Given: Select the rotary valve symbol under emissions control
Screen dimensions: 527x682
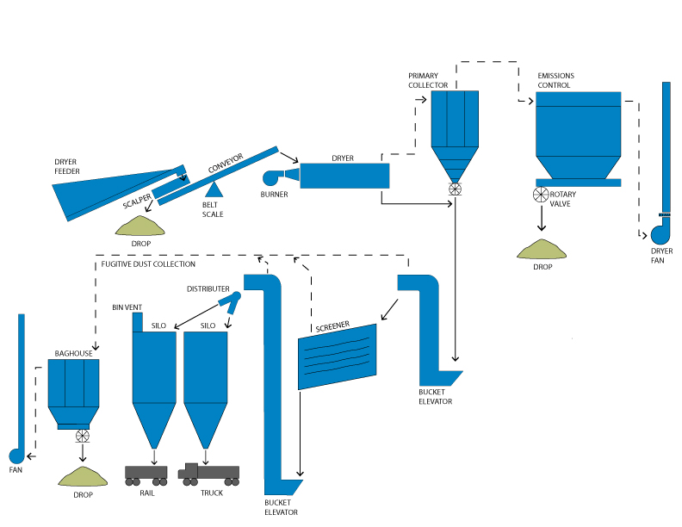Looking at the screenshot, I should [542, 195].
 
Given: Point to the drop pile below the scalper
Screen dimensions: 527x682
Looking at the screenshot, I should [140, 226].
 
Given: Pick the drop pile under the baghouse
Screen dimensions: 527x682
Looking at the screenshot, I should [82, 475].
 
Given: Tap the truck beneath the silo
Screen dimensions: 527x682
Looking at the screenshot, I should [208, 472].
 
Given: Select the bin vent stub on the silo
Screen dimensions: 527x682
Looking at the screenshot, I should [137, 321].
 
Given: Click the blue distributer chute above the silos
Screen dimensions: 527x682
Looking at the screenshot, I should [231, 300].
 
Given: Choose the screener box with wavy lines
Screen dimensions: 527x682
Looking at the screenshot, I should [338, 356].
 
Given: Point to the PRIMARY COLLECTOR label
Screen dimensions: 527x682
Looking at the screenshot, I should [429, 80].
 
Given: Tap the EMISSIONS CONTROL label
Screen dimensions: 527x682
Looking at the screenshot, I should [555, 80].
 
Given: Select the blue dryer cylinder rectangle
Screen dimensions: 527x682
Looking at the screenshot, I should [344, 176].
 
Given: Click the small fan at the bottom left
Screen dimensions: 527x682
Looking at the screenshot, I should [15, 455].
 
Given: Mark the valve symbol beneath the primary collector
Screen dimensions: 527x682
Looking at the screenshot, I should [454, 189].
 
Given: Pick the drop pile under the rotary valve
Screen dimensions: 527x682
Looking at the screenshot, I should [542, 250].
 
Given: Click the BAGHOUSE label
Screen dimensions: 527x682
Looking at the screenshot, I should [73, 353].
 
